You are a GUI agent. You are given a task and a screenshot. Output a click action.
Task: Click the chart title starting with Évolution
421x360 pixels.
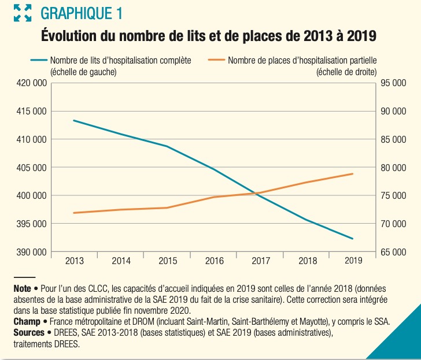tap(209, 36)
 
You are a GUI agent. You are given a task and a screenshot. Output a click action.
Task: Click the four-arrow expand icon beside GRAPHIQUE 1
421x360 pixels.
tap(23, 13)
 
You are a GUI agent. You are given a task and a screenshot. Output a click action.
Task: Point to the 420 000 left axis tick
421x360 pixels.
tap(32, 83)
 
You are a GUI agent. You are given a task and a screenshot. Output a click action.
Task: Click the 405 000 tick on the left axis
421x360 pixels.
tap(32, 168)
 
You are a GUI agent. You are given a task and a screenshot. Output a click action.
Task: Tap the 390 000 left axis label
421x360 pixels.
tap(32, 252)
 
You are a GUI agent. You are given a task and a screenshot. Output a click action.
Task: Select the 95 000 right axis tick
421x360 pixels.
tap(394, 83)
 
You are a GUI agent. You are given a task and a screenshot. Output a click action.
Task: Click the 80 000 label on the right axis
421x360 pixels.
tap(394, 168)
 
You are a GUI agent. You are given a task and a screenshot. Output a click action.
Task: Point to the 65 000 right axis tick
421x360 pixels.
tap(394, 252)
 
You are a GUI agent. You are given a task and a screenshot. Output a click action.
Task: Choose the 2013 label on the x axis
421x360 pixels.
tap(75, 261)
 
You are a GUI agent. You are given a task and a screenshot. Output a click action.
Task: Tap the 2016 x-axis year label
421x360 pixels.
tap(214, 261)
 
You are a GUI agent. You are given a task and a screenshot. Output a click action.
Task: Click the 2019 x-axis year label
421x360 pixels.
tap(353, 261)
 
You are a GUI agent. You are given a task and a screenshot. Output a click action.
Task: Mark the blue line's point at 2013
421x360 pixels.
tap(75, 120)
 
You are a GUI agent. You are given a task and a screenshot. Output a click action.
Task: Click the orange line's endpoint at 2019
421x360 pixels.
tap(353, 173)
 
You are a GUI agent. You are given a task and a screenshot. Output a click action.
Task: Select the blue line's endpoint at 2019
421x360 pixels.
tap(353, 239)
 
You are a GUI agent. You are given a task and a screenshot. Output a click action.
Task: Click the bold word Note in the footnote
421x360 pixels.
tap(22, 288)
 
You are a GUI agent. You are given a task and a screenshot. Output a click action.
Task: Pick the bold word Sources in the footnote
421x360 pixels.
tap(28, 333)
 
